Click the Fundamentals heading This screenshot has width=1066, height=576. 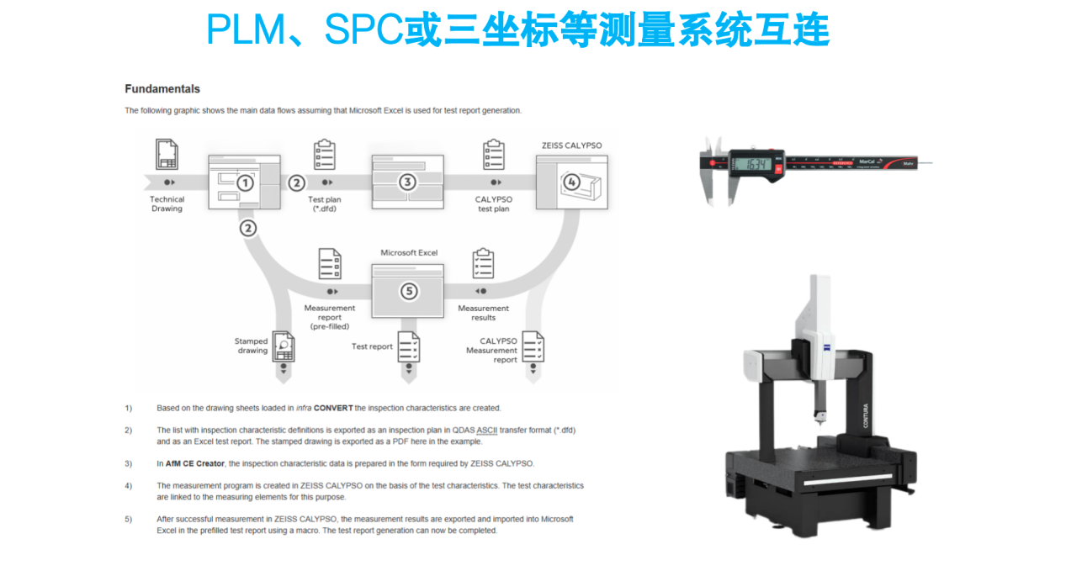[x=162, y=89]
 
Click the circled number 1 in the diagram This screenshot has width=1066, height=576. [x=245, y=183]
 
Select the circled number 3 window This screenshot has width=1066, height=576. [x=407, y=182]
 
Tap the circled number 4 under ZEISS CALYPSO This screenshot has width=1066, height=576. [x=571, y=182]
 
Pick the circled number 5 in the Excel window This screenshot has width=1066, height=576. [x=409, y=291]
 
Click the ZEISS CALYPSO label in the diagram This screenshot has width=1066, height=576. [x=571, y=145]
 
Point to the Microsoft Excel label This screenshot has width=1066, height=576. [x=409, y=252]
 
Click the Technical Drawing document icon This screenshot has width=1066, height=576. [x=167, y=154]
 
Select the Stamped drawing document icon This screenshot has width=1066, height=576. [x=284, y=346]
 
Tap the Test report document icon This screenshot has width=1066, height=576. [x=409, y=346]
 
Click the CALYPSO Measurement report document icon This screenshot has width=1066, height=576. [x=533, y=346]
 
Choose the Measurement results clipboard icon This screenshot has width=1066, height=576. [x=483, y=263]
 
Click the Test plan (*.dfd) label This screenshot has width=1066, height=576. [x=325, y=204]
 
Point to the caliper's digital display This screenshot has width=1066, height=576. [x=756, y=165]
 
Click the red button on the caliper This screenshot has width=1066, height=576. [x=778, y=169]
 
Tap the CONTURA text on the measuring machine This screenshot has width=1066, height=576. [x=866, y=415]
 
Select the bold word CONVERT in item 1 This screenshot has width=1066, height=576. [x=333, y=408]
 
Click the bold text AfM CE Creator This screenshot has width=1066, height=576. [x=194, y=464]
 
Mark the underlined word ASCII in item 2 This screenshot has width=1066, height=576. [x=487, y=431]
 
